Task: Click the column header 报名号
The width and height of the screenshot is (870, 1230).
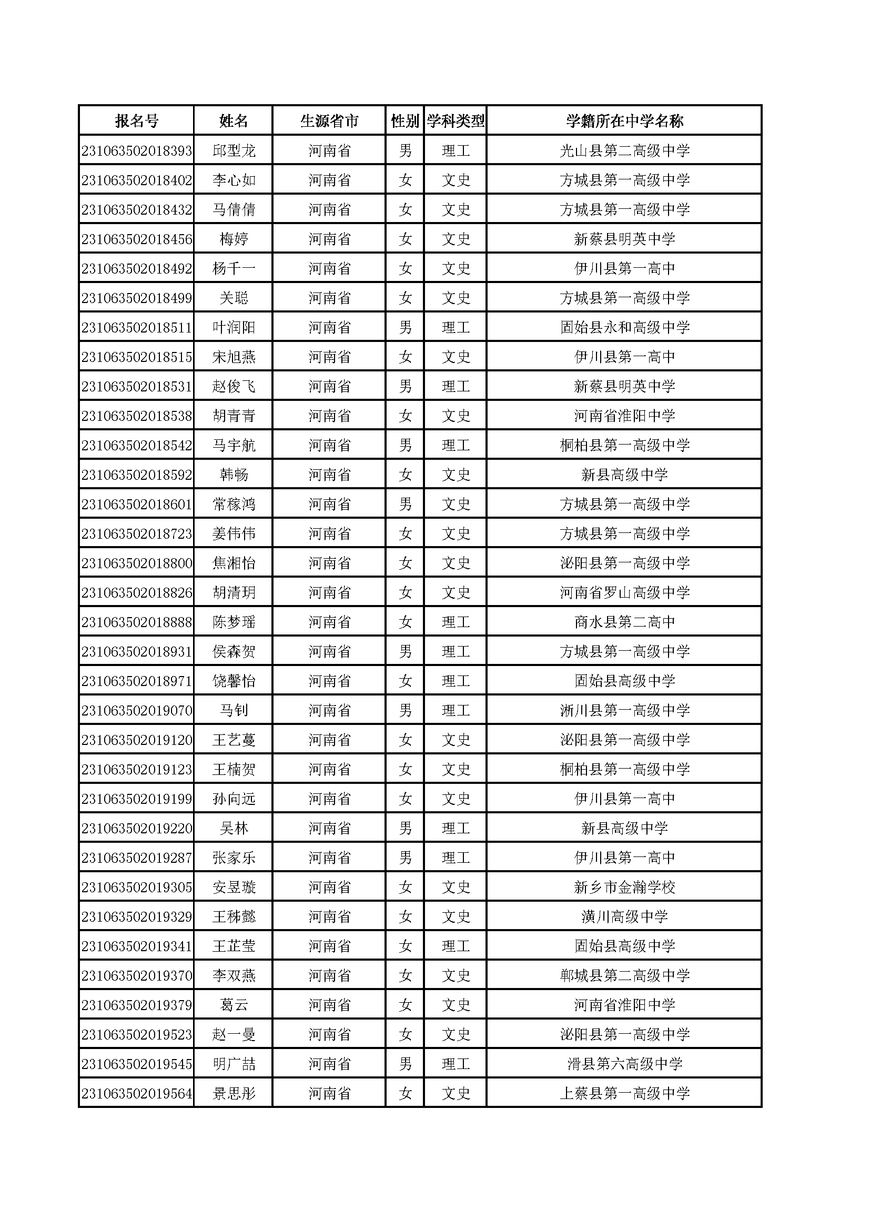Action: click(x=137, y=121)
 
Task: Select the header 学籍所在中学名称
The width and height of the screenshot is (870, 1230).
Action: click(x=624, y=121)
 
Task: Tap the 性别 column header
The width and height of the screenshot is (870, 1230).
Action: click(x=405, y=121)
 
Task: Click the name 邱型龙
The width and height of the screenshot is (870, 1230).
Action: click(x=234, y=150)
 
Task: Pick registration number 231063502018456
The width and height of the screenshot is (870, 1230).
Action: click(x=137, y=239)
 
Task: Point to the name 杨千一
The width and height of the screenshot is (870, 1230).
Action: click(x=234, y=268)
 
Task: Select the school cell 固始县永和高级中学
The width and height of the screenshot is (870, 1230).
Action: click(x=624, y=327)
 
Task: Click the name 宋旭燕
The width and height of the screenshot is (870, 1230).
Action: click(x=234, y=357)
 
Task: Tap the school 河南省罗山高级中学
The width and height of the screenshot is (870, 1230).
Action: click(x=624, y=592)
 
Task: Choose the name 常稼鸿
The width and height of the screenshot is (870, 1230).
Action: click(x=234, y=504)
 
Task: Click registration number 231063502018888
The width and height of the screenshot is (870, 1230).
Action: click(x=137, y=622)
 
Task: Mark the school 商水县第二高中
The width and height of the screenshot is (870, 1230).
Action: click(x=624, y=622)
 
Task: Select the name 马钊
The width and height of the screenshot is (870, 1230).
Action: click(x=234, y=710)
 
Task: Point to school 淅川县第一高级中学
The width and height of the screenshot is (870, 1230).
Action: click(x=624, y=710)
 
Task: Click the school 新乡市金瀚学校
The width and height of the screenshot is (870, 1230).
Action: click(x=624, y=887)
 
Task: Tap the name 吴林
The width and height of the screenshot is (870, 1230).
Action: click(x=234, y=828)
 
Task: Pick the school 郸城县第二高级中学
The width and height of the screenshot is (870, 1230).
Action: click(x=624, y=975)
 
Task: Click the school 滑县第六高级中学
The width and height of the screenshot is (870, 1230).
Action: click(x=624, y=1064)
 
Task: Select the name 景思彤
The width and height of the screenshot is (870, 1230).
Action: click(x=234, y=1093)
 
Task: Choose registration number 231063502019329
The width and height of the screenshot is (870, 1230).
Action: click(x=137, y=916)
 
